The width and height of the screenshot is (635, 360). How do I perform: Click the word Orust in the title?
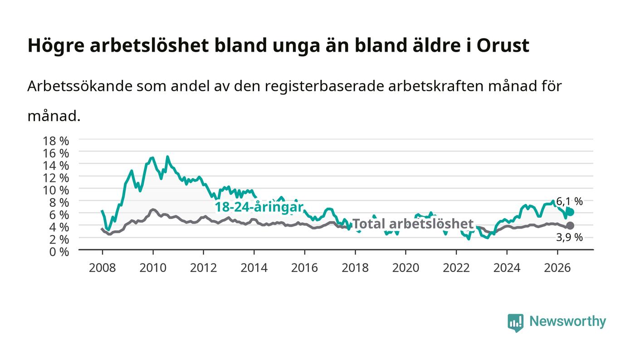[x=503, y=45]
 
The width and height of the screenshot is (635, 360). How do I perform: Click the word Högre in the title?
[x=56, y=46]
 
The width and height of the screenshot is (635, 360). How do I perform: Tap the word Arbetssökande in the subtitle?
[x=79, y=86]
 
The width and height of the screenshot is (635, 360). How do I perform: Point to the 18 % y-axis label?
[x=55, y=141]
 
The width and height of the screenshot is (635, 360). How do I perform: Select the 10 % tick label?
[x=55, y=190]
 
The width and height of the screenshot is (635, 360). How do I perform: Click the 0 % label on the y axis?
[x=59, y=252]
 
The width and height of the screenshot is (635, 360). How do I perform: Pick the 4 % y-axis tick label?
[x=59, y=227]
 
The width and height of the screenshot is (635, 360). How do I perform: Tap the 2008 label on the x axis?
[x=103, y=268]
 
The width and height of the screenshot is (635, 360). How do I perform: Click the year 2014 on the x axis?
[x=254, y=268]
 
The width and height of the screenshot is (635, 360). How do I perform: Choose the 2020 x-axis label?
[x=405, y=268]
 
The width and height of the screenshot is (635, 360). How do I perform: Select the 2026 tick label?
[x=557, y=268]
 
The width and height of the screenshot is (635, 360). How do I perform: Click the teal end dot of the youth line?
[x=570, y=212]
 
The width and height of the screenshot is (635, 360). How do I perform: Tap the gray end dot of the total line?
[x=570, y=226]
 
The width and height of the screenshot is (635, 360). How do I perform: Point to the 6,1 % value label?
[x=569, y=202]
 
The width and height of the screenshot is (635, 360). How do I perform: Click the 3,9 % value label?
[x=569, y=238]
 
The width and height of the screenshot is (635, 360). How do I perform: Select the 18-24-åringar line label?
[x=259, y=207]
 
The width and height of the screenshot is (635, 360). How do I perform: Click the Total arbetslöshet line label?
[x=413, y=224]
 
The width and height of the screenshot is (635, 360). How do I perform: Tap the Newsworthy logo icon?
[x=515, y=322]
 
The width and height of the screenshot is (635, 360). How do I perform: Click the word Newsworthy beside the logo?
[x=567, y=321]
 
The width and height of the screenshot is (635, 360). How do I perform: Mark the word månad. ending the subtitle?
[x=54, y=116]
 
